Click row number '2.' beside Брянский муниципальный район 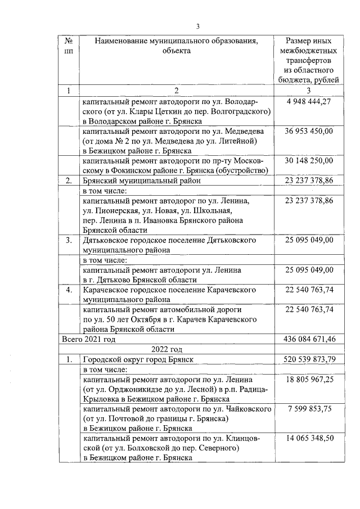(69, 181)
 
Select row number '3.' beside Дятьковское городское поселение (69, 240)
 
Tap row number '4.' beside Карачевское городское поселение (69, 290)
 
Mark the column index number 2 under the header (175, 90)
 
